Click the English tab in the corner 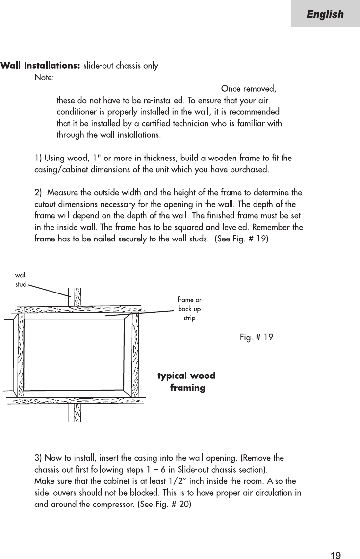tap(325, 14)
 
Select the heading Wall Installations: tap(40, 65)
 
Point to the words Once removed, tap(249, 89)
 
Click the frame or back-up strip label tap(189, 308)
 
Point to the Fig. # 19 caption tap(257, 338)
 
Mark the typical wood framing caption tap(187, 382)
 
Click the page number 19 tap(335, 542)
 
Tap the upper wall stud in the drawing tap(77, 297)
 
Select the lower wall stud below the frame tap(77, 412)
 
